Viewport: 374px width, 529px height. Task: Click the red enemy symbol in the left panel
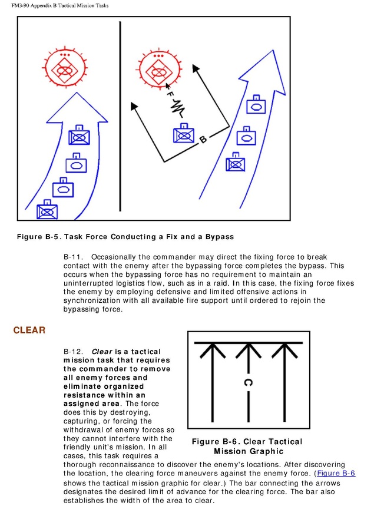(x=65, y=70)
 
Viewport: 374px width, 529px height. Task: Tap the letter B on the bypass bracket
(x=203, y=140)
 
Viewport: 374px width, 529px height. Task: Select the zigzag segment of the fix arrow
(x=177, y=107)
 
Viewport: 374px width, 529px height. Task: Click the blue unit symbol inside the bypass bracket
(x=184, y=134)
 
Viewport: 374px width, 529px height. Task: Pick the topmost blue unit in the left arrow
(x=78, y=136)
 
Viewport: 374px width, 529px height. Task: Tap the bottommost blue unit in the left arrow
(x=46, y=210)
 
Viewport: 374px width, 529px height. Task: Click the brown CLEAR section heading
(x=29, y=330)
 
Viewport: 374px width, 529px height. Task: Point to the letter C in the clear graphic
(x=248, y=383)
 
